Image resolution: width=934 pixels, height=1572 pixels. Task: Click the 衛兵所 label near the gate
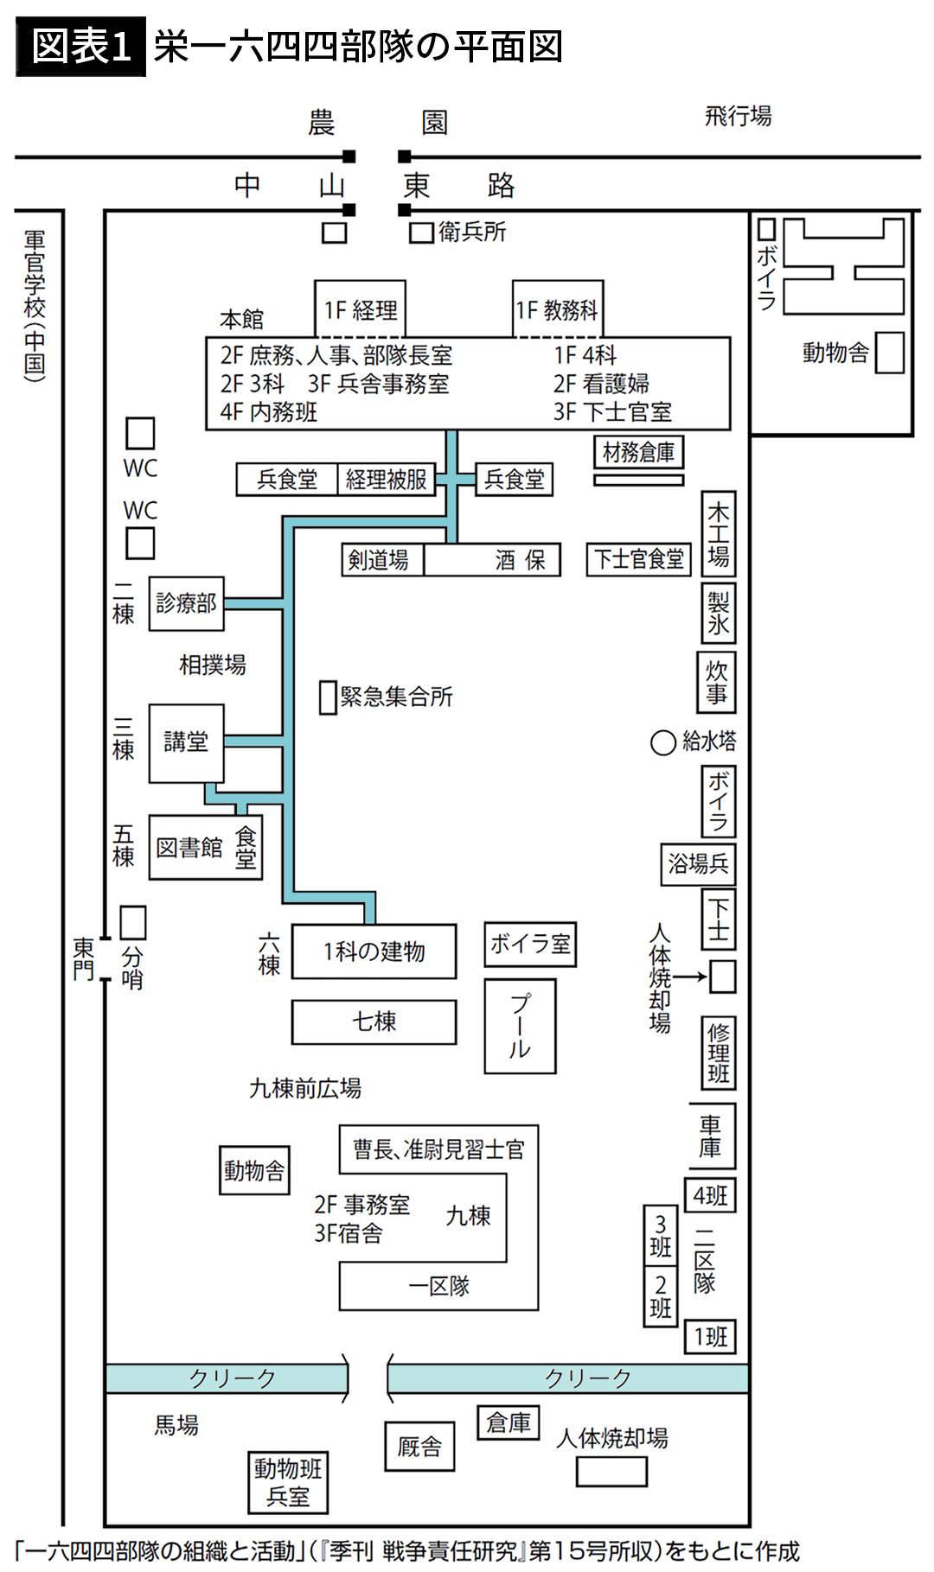point(471,232)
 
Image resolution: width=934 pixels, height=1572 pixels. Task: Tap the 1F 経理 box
point(361,309)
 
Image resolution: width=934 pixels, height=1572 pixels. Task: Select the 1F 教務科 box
point(557,309)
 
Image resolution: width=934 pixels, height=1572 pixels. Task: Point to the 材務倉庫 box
point(638,452)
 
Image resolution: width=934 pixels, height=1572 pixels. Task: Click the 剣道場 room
point(379,560)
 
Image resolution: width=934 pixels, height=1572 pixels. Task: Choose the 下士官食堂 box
point(639,559)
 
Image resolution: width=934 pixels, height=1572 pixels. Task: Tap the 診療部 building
point(186,603)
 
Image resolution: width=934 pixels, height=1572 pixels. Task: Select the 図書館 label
point(189,848)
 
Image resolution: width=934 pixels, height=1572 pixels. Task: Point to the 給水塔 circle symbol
point(662,742)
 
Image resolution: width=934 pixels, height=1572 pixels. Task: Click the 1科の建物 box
point(374,951)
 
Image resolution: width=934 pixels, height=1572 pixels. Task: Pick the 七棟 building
point(374,1021)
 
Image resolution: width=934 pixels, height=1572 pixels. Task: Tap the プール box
point(519,1026)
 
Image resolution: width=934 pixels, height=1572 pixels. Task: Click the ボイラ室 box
point(530,944)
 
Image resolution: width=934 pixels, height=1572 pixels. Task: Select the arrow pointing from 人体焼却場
point(690,977)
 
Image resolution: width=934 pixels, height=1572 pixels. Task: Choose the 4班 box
point(710,1196)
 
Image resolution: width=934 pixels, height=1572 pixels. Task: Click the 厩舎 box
point(419,1446)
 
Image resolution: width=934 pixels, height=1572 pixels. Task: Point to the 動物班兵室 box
point(287,1482)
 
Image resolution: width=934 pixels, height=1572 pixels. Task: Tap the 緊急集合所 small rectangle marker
point(328,697)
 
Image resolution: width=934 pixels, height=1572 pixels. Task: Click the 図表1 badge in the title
point(80,47)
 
